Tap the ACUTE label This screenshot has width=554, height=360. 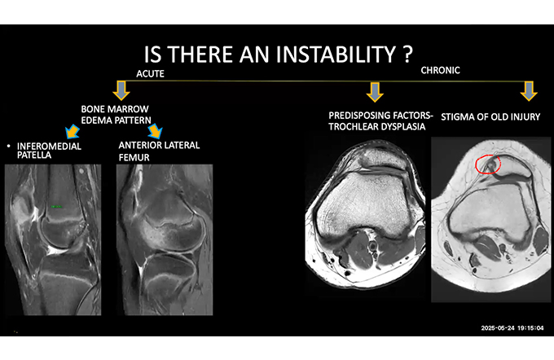(150, 74)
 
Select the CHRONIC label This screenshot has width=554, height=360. (440, 71)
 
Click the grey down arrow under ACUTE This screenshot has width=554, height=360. (121, 90)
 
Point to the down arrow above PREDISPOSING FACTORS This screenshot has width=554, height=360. (375, 92)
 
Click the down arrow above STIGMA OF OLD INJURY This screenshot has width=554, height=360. (529, 91)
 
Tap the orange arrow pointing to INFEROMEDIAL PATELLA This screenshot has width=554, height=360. (73, 131)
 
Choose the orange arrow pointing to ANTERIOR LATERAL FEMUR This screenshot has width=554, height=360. (155, 131)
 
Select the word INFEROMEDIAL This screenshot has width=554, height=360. (49, 147)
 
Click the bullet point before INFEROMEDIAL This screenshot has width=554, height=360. (8, 146)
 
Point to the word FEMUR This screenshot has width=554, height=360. (134, 157)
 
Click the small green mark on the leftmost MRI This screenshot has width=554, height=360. (56, 207)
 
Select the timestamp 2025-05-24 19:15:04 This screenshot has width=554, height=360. (512, 328)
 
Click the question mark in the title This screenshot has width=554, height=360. (407, 55)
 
